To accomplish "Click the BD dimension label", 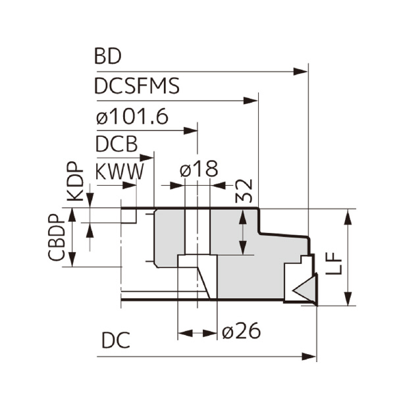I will pos(108,57).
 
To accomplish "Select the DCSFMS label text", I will pos(137,86).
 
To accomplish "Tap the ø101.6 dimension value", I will pos(132,117).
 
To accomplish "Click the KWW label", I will pos(119,172).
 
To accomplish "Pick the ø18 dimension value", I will pos(198,171).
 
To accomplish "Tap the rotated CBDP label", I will pos(57,238).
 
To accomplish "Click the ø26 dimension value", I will pos(241,332).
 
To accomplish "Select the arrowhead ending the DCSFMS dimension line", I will pos(251,101).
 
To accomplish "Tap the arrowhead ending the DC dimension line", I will pos(310,356).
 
